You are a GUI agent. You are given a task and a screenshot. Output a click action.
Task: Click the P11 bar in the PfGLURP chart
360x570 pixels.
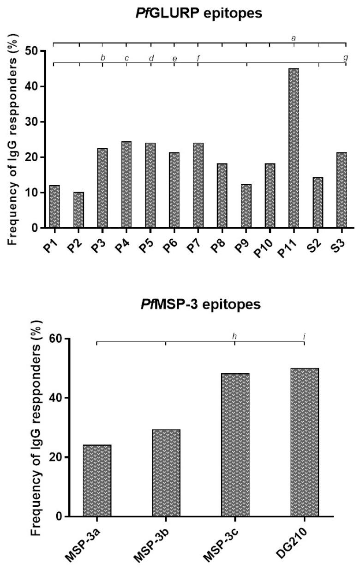pyautogui.click(x=294, y=148)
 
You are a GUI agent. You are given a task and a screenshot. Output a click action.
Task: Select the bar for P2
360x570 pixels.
pyautogui.click(x=78, y=210)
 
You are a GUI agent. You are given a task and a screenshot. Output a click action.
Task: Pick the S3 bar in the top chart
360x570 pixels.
pyautogui.click(x=342, y=190)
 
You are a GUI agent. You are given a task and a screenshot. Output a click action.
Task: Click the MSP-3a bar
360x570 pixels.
pyautogui.click(x=97, y=480)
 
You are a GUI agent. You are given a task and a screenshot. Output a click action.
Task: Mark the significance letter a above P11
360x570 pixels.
pyautogui.click(x=294, y=37)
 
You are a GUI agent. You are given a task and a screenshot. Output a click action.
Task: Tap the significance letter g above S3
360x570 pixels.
pyautogui.click(x=346, y=57)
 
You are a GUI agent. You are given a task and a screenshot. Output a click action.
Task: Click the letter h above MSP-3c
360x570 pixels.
pyautogui.click(x=234, y=336)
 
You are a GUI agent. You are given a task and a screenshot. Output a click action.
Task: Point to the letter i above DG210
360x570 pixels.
pyautogui.click(x=305, y=336)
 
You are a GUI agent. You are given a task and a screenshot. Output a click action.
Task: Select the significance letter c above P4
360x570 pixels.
pyautogui.click(x=126, y=58)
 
